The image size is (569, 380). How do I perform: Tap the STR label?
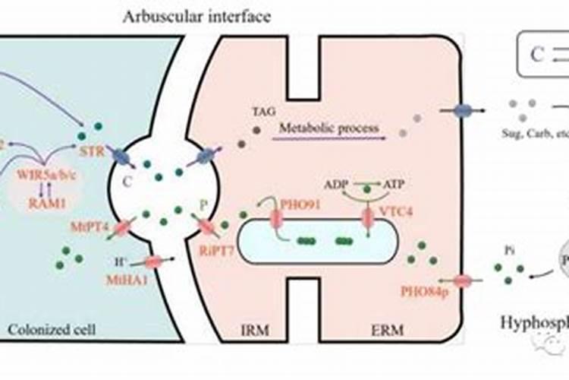click(91, 141)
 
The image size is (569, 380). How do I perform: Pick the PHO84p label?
click(425, 292)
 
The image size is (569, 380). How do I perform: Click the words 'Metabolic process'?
click(329, 128)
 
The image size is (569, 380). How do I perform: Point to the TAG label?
click(261, 112)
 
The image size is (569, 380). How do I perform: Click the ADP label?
click(336, 184)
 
